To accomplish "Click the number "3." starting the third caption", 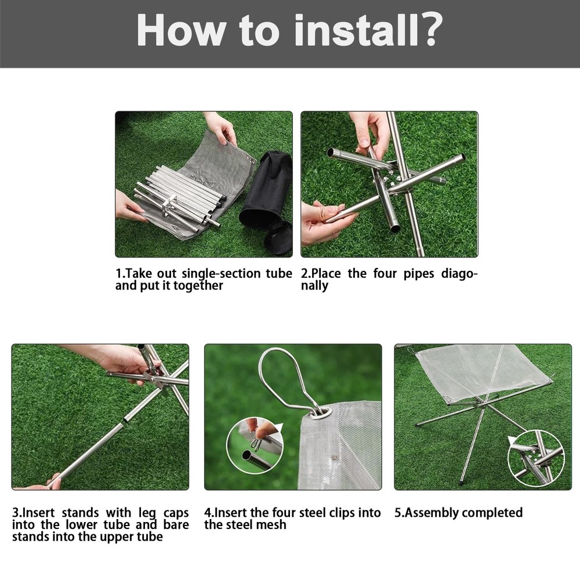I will pos(17,513).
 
